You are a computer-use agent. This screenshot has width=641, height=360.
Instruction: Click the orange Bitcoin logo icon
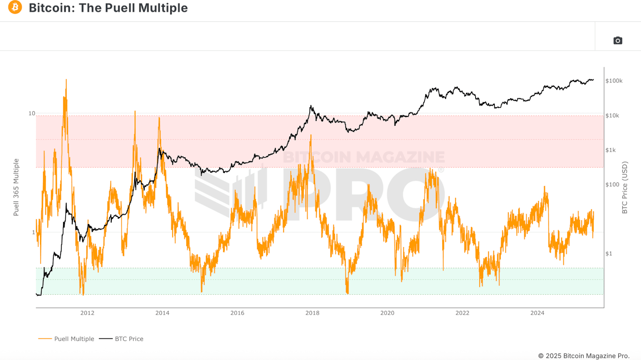15,7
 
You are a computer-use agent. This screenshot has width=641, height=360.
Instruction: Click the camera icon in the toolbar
618,40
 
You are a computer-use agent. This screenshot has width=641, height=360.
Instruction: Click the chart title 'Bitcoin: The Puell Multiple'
108,8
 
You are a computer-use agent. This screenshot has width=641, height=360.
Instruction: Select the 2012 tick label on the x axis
87,313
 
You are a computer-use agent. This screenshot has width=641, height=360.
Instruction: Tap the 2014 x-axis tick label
162,313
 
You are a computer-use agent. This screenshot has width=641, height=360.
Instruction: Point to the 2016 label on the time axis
237,313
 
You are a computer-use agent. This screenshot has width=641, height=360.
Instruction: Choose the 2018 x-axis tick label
312,313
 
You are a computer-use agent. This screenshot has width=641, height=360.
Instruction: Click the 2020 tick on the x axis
387,313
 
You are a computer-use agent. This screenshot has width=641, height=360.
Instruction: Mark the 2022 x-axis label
462,313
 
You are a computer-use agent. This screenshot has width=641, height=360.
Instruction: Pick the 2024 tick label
537,313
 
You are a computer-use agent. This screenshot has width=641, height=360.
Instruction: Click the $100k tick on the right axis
614,81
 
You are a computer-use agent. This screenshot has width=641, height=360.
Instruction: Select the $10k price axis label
612,116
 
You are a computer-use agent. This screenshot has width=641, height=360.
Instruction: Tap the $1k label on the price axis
611,150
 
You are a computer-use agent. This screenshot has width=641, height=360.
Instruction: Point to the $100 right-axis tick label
612,185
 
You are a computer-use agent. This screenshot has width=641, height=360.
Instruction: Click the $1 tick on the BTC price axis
609,254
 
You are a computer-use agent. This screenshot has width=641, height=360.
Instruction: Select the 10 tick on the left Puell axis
32,114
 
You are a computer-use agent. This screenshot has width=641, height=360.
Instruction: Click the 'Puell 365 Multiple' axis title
16,187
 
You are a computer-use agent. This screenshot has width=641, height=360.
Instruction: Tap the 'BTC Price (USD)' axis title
625,187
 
